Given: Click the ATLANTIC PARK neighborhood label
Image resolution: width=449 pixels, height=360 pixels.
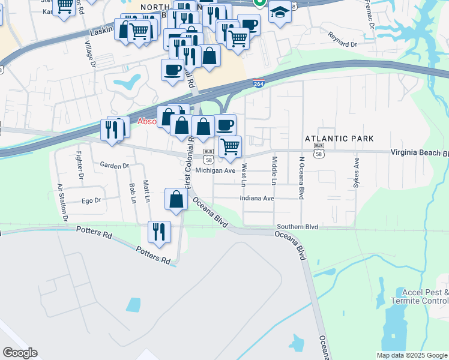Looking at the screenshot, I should [335, 139].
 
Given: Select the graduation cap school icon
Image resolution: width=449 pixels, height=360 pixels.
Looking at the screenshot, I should [280, 12].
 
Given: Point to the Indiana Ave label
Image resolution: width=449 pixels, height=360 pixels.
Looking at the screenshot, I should [256, 198].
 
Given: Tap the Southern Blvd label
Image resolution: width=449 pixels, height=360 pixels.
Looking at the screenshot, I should [297, 227].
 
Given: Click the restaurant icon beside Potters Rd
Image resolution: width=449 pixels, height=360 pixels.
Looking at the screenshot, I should [159, 232].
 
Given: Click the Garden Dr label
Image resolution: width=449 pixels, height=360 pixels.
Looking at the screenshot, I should [115, 165].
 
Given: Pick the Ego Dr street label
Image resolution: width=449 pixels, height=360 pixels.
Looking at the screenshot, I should [91, 200].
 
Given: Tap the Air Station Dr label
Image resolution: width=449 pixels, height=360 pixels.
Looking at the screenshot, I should [62, 202].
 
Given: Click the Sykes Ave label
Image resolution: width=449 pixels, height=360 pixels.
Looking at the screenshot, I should [356, 173].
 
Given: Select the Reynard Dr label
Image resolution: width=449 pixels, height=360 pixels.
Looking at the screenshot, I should [343, 43].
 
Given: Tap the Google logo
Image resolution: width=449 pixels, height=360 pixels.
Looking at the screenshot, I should [20, 353].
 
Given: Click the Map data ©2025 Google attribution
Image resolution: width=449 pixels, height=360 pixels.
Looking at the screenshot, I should [412, 355].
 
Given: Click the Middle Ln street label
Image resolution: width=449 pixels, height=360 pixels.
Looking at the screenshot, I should [274, 170].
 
